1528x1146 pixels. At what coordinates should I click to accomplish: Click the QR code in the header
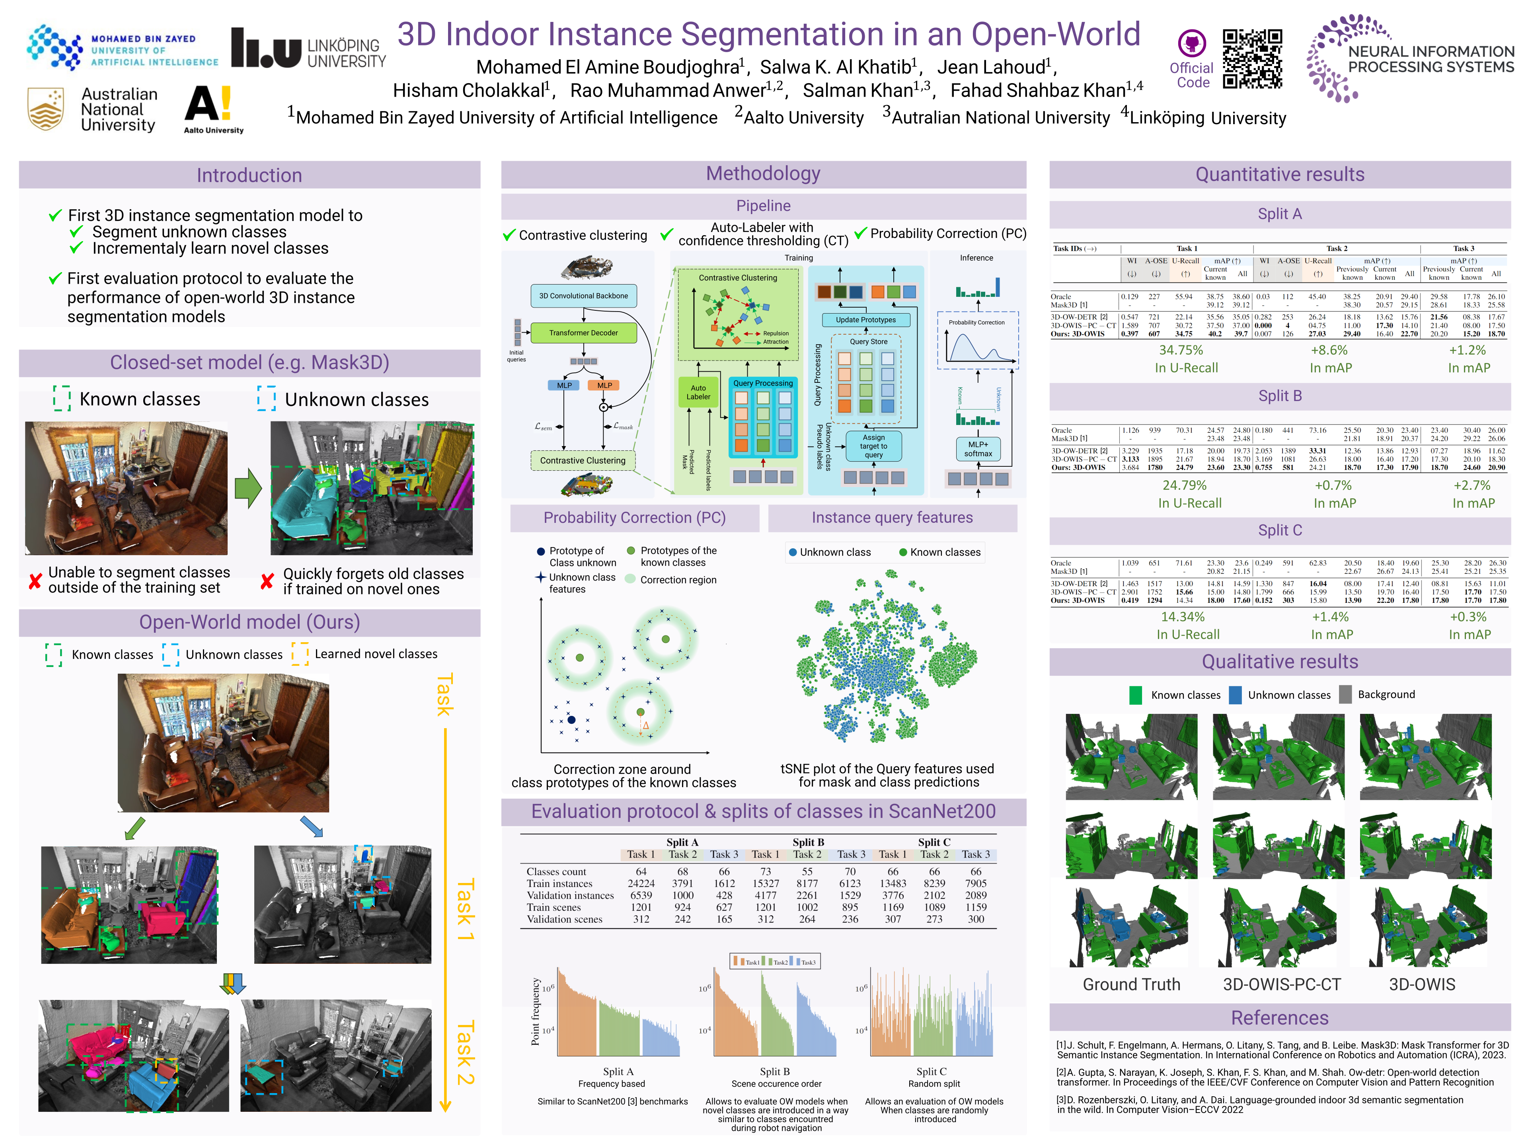pos(1252,59)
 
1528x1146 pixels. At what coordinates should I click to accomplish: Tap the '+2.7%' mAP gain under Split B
pos(1468,485)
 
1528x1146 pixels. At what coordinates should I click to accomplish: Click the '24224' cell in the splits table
pos(641,883)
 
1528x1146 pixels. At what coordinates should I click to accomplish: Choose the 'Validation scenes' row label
pos(564,920)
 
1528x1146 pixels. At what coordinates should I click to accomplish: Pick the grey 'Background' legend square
pos(1345,695)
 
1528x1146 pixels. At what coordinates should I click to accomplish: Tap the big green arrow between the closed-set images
pos(248,488)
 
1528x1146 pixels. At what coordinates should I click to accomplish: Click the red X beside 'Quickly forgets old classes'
pos(267,582)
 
